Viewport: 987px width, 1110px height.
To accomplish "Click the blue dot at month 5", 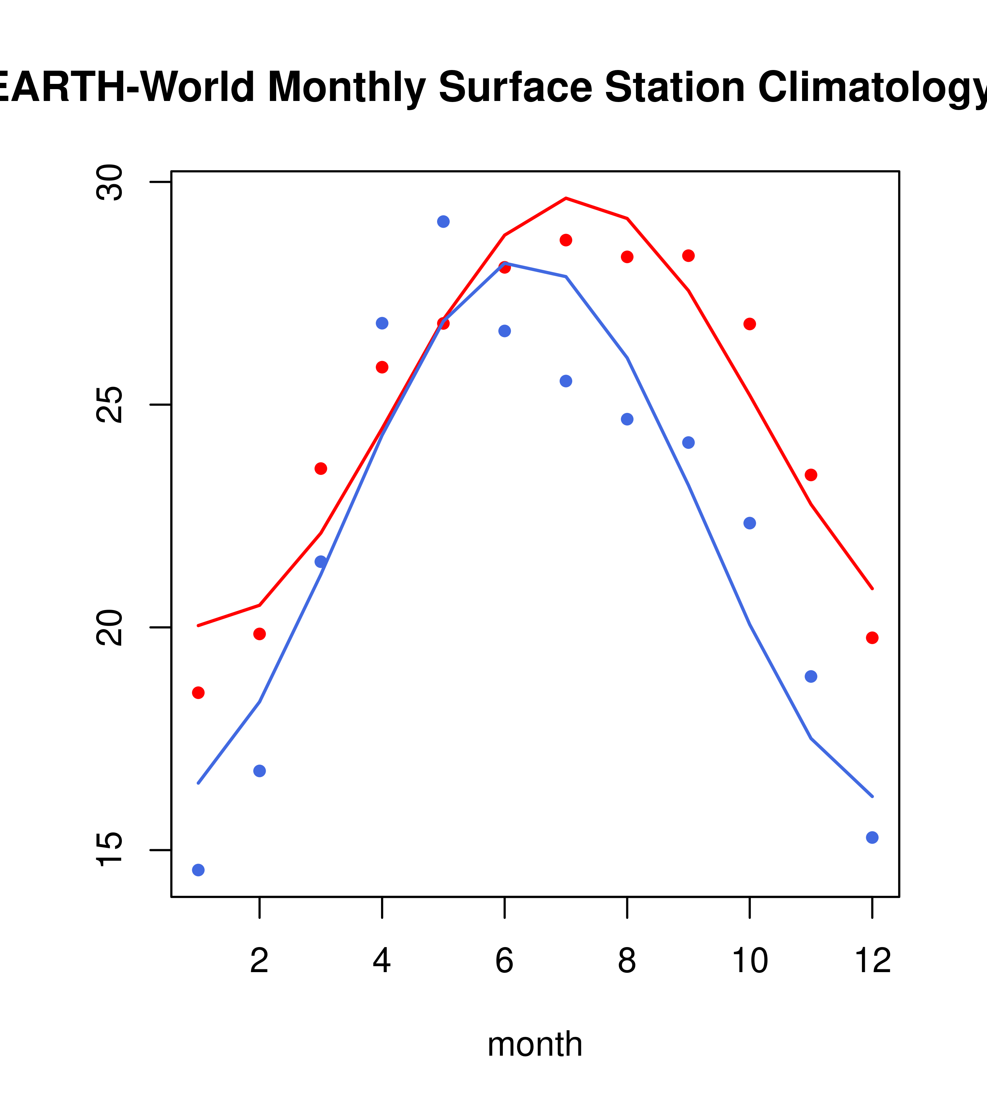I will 443,221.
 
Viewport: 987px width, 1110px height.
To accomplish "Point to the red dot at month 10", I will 749,324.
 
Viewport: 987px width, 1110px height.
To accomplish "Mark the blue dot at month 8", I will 627,419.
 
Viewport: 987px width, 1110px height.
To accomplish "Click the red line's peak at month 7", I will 566,198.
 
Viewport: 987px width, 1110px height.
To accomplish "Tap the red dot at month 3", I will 321,469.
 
